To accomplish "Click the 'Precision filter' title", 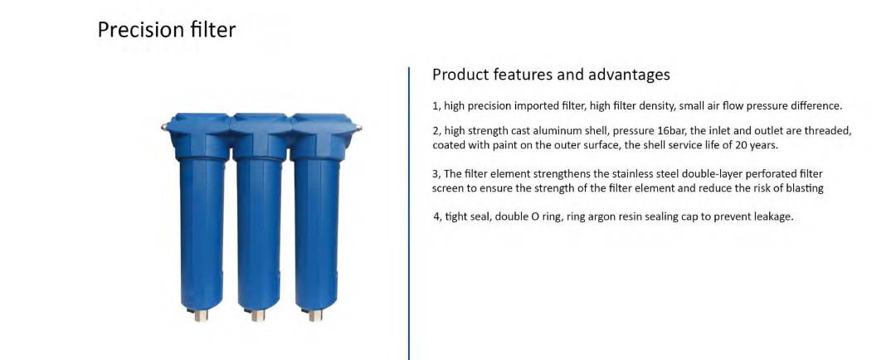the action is pyautogui.click(x=166, y=30).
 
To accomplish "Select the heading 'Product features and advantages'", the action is pyautogui.click(x=551, y=75).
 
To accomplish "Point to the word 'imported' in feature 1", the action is pyautogui.click(x=533, y=106).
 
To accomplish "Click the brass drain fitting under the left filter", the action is pyautogui.click(x=200, y=315).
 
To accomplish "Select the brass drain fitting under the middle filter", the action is pyautogui.click(x=258, y=315).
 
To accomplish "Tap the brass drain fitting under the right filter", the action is pyautogui.click(x=315, y=315).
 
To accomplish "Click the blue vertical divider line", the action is pyautogui.click(x=409, y=214).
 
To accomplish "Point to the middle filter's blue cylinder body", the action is pyautogui.click(x=259, y=234).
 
